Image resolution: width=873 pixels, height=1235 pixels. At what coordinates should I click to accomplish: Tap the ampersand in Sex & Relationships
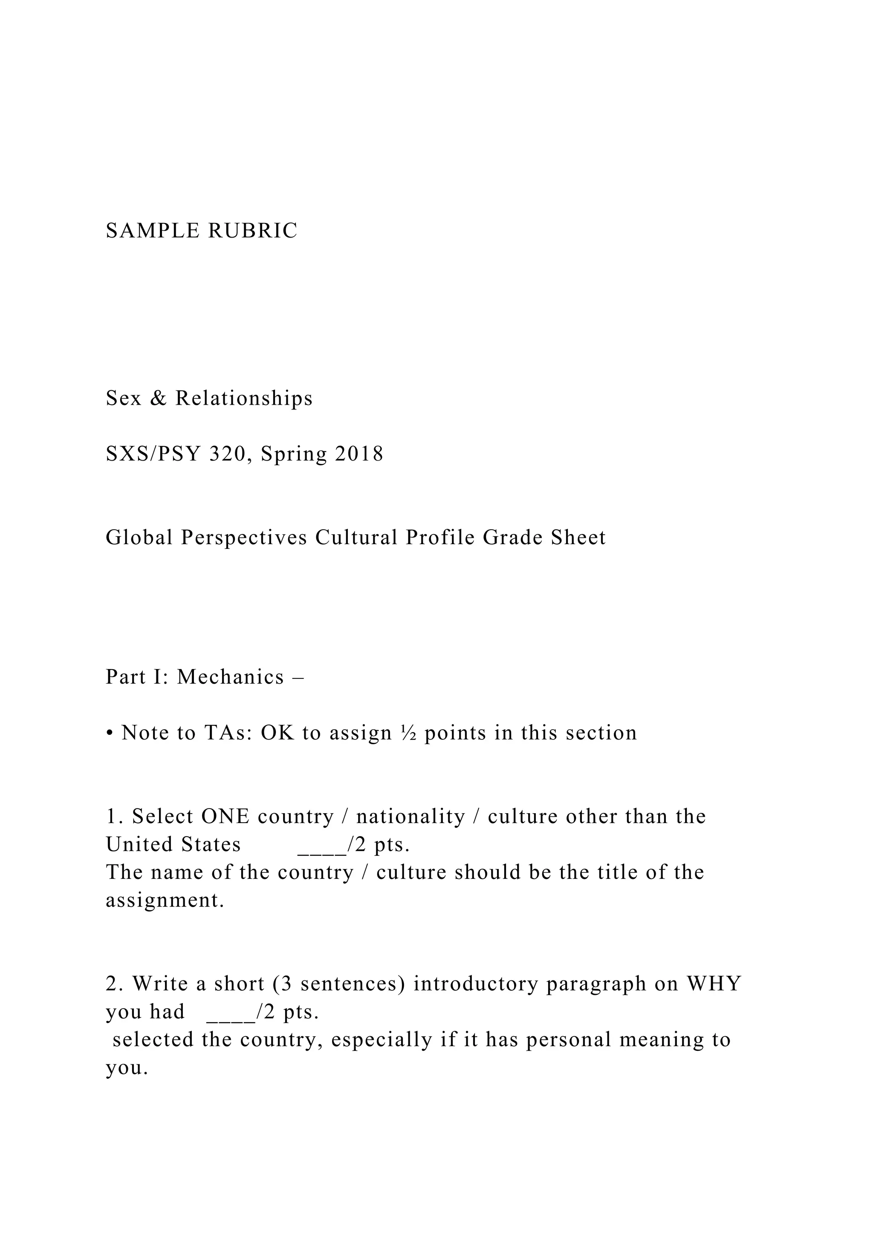pyautogui.click(x=158, y=399)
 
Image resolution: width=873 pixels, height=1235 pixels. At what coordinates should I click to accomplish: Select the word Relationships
pyautogui.click(x=244, y=399)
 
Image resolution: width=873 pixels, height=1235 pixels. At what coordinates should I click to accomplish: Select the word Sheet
pyautogui.click(x=578, y=538)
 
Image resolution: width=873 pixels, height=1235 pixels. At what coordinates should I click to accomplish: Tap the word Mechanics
pyautogui.click(x=231, y=678)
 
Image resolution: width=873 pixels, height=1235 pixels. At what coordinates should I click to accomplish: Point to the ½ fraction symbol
pyautogui.click(x=408, y=733)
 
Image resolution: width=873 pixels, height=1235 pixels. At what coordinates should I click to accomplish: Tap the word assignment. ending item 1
pyautogui.click(x=165, y=901)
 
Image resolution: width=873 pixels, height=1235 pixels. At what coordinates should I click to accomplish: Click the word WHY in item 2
pyautogui.click(x=714, y=984)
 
